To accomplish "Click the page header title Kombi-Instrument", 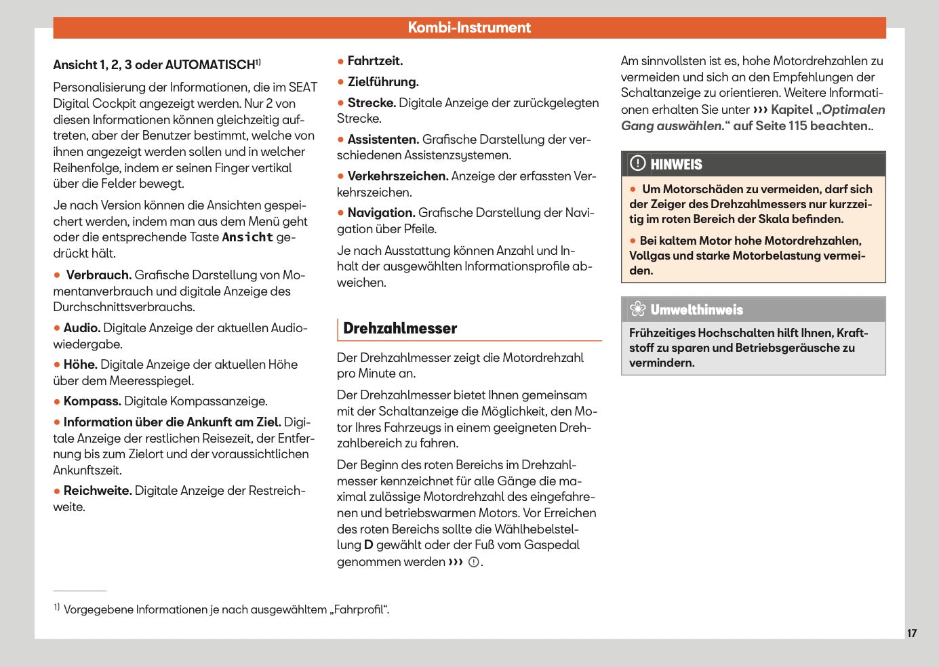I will pyautogui.click(x=469, y=28).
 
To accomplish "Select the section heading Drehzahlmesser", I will pyautogui.click(x=400, y=329).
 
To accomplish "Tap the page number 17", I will pyautogui.click(x=911, y=633).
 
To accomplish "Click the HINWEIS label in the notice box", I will pyautogui.click(x=676, y=165).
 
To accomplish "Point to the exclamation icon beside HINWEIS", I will pyautogui.click(x=637, y=163).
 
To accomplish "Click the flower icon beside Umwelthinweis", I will pyautogui.click(x=637, y=310).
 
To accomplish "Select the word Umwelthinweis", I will pyautogui.click(x=696, y=310).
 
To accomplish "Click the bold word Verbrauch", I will pyautogui.click(x=98, y=275).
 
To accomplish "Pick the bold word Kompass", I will pyautogui.click(x=92, y=401).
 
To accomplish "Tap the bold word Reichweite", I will pyautogui.click(x=98, y=491).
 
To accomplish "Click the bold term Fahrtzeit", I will pyautogui.click(x=375, y=61).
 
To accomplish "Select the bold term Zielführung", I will pyautogui.click(x=383, y=82).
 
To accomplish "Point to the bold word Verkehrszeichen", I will pyautogui.click(x=398, y=176).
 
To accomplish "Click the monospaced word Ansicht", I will pyautogui.click(x=247, y=237).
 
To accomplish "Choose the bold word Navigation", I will pyautogui.click(x=381, y=213).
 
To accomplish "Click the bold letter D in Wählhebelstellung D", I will pyautogui.click(x=368, y=545).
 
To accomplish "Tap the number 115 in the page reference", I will pyautogui.click(x=797, y=126).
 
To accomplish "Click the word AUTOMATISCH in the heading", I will pyautogui.click(x=209, y=65).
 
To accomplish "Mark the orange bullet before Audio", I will pyautogui.click(x=57, y=328).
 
